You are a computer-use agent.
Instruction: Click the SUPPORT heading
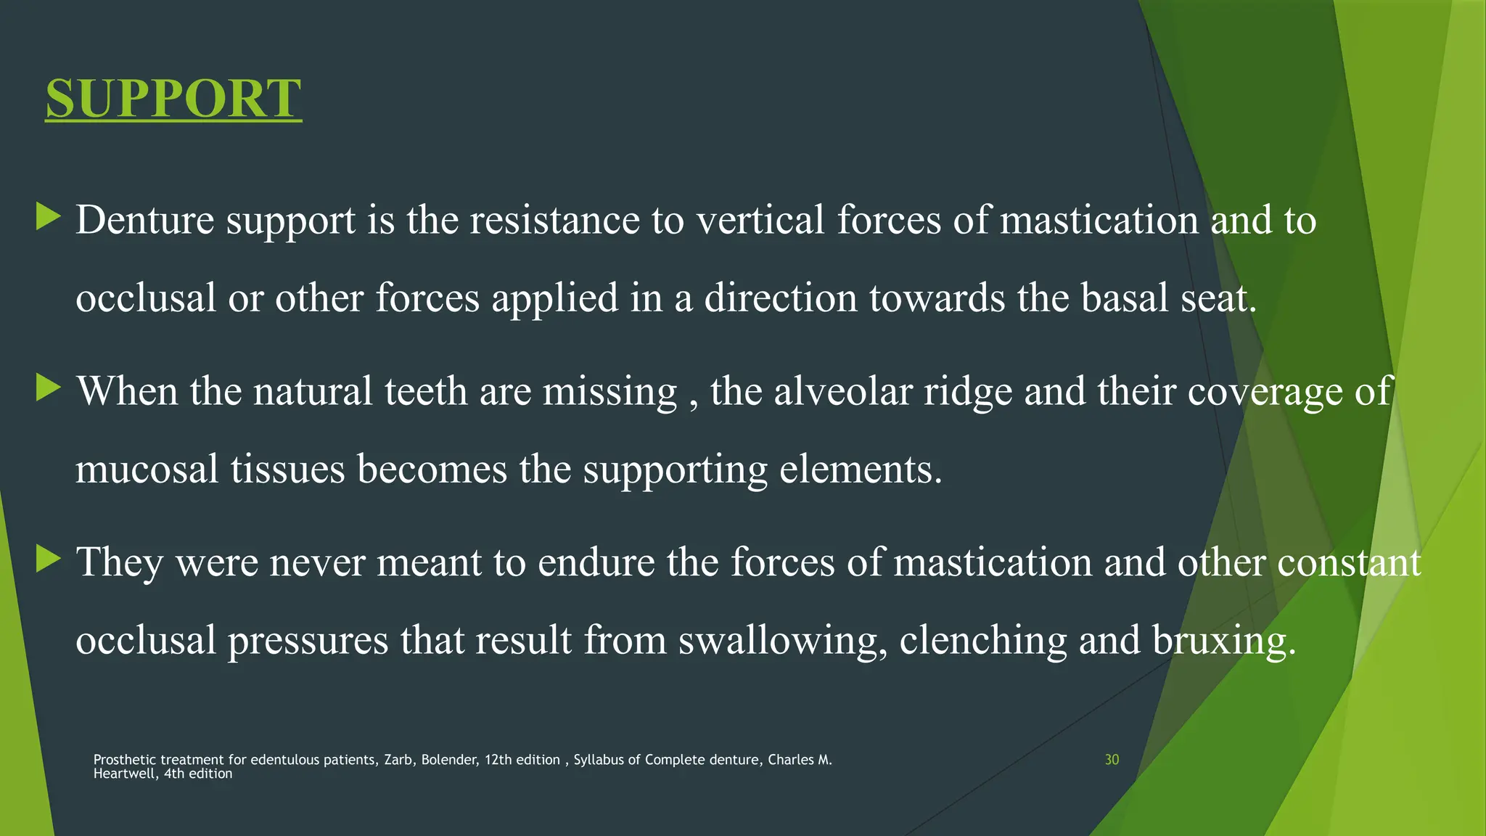[173, 99]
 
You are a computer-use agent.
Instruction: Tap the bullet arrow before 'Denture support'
[48, 217]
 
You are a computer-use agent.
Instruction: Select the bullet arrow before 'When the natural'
[48, 388]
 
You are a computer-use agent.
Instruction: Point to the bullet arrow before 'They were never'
[48, 560]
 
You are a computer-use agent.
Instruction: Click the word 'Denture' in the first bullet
[144, 220]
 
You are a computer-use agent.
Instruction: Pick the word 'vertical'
[760, 220]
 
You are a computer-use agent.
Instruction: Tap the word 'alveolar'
[842, 391]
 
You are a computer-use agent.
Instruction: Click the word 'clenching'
[983, 641]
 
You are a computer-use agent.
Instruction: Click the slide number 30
[1112, 760]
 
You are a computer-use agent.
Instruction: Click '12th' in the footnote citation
[498, 760]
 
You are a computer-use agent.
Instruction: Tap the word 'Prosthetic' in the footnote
[125, 760]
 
